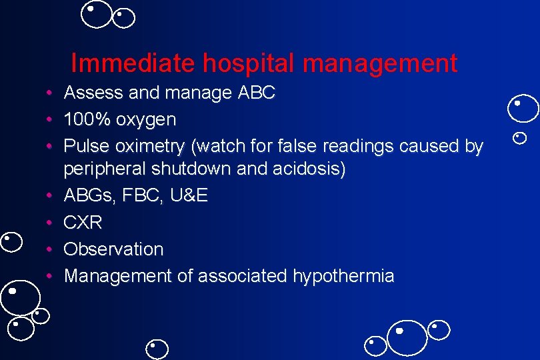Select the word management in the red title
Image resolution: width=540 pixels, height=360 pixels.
[x=379, y=63]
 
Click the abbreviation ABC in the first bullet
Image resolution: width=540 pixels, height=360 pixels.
[x=256, y=93]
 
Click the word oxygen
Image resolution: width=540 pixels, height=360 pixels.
[x=146, y=120]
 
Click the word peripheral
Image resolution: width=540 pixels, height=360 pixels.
[x=105, y=169]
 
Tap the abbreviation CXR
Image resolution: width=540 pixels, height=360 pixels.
[x=83, y=223]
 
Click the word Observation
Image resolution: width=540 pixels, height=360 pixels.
[x=113, y=249]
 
